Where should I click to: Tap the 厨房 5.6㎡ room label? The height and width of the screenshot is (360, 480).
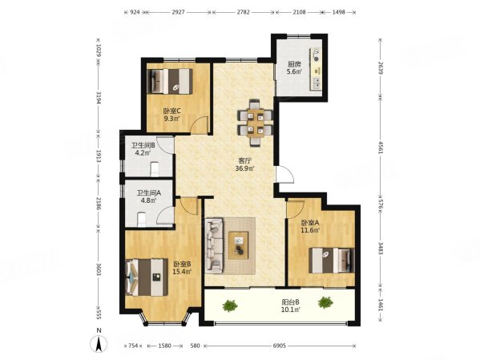tap(294, 68)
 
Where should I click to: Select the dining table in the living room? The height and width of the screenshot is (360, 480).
tap(256, 122)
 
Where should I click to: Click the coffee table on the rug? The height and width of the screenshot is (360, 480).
tap(239, 245)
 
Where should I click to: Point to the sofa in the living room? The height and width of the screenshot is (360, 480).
tap(214, 245)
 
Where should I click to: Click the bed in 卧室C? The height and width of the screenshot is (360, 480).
tap(170, 81)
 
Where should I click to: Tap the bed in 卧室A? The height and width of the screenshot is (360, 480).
tap(332, 261)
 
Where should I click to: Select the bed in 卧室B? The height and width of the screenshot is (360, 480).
tap(147, 277)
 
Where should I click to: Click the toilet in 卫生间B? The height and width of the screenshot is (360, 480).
tap(155, 169)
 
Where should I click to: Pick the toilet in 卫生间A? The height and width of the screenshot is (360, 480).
tap(141, 220)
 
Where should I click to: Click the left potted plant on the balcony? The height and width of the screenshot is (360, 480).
tap(230, 305)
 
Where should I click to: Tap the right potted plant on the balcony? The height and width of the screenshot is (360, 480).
tap(325, 302)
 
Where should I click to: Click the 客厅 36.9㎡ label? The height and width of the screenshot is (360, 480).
tap(247, 164)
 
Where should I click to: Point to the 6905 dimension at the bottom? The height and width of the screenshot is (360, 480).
tap(280, 346)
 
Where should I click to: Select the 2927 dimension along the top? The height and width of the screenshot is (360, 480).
tap(178, 12)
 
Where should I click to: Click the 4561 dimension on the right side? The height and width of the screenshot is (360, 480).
tap(381, 148)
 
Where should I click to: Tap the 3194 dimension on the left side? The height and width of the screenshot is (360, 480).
tap(99, 98)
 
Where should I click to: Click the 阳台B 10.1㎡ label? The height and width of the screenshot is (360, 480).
tap(291, 305)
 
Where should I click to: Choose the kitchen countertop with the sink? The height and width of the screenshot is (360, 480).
tap(316, 69)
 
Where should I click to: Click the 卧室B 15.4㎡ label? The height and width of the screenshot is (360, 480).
tap(183, 268)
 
